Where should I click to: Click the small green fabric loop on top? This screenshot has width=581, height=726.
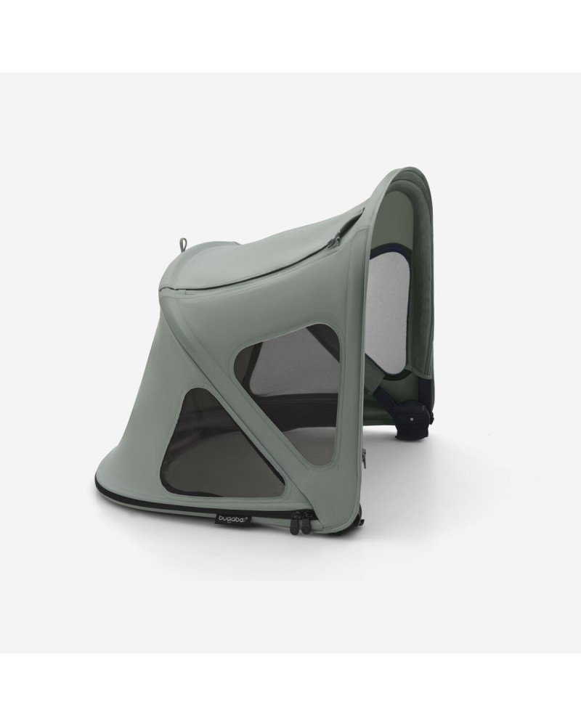coord(183,244)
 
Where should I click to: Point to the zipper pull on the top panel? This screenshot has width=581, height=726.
coord(336,237)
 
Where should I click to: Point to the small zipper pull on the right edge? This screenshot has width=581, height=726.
coord(364,458)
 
